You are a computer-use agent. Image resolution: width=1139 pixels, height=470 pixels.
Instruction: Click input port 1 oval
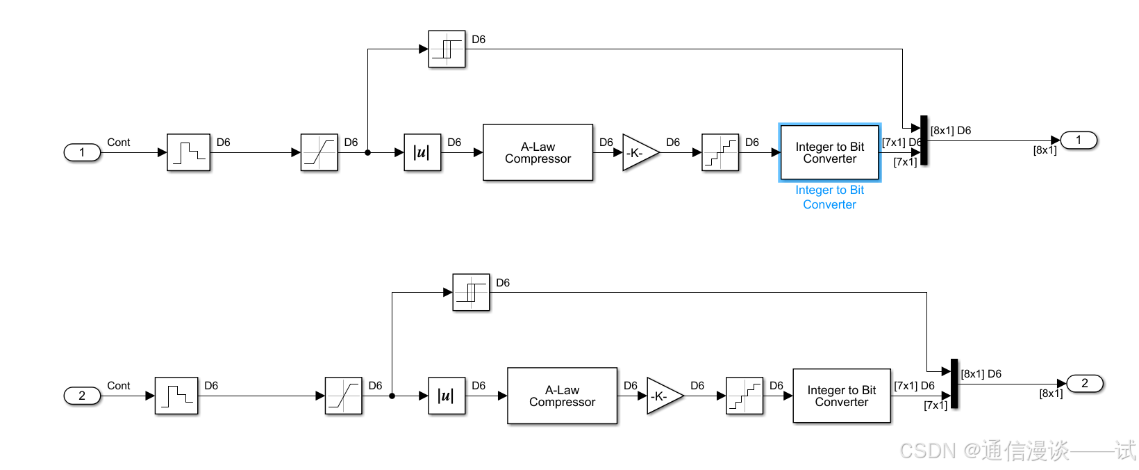pyautogui.click(x=82, y=152)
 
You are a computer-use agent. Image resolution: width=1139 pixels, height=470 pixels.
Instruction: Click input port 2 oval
pyautogui.click(x=82, y=396)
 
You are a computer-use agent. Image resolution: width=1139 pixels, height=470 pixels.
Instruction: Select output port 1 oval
pyautogui.click(x=1078, y=140)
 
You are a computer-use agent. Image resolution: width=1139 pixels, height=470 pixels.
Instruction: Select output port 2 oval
pyautogui.click(x=1084, y=383)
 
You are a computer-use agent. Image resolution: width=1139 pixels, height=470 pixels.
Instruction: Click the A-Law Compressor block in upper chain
pyautogui.click(x=538, y=152)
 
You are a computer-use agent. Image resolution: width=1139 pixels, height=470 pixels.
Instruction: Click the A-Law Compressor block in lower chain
pyautogui.click(x=562, y=396)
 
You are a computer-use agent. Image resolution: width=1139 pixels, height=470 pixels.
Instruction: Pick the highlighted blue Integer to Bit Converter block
pyautogui.click(x=829, y=152)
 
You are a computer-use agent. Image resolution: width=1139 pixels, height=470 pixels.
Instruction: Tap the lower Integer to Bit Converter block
pyautogui.click(x=841, y=396)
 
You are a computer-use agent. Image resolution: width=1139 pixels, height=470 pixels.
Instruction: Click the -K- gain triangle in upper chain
pyautogui.click(x=637, y=153)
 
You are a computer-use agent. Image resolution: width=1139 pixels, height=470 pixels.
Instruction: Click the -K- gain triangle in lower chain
pyautogui.click(x=661, y=396)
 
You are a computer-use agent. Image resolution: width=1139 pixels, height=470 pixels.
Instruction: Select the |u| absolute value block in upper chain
pyautogui.click(x=422, y=152)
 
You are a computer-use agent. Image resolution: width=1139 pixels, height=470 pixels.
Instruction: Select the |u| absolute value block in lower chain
pyautogui.click(x=447, y=396)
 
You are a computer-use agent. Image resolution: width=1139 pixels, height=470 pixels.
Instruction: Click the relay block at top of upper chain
pyautogui.click(x=447, y=49)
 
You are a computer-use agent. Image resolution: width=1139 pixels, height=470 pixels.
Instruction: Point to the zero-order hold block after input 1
pyautogui.click(x=188, y=152)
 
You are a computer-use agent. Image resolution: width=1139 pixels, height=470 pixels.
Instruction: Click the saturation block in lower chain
pyautogui.click(x=343, y=396)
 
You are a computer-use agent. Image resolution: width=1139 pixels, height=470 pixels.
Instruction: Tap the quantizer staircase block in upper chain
pyautogui.click(x=720, y=152)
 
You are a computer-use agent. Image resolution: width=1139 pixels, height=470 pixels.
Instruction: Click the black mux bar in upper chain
pyautogui.click(x=924, y=140)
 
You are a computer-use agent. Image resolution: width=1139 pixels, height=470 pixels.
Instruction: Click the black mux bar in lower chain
pyautogui.click(x=954, y=384)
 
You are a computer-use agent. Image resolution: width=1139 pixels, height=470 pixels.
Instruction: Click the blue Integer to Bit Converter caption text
pyautogui.click(x=829, y=197)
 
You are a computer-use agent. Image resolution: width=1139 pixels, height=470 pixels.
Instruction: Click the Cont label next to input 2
pyautogui.click(x=118, y=386)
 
